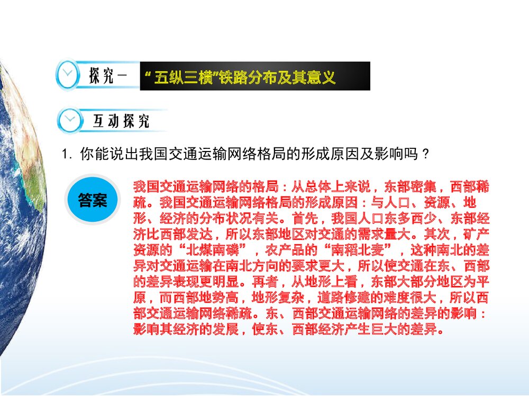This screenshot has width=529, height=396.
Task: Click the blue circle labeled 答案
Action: coord(93,200)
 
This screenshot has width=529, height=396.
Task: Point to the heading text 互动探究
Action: coord(121,121)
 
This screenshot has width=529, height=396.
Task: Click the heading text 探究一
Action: coord(108,76)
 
